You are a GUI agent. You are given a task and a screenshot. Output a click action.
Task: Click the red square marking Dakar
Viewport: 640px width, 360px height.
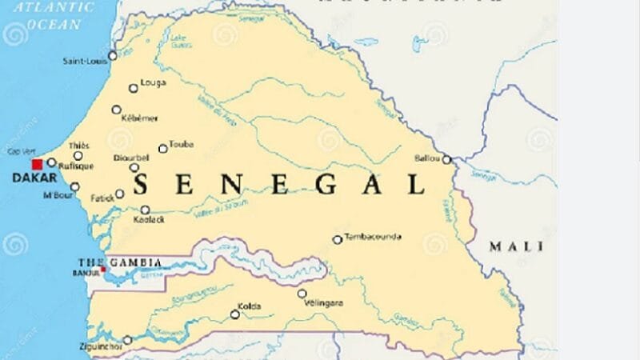pos(38,163)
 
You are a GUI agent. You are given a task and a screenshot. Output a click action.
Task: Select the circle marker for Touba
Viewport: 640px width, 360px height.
pos(162,148)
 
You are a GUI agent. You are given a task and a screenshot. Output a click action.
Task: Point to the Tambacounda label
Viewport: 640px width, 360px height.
pos(372,238)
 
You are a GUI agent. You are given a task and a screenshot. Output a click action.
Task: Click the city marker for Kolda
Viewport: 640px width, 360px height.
pos(235,314)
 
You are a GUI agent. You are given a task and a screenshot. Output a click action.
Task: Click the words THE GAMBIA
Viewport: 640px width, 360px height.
pos(119,262)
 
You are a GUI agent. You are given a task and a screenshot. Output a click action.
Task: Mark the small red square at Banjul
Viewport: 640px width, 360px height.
pos(102,269)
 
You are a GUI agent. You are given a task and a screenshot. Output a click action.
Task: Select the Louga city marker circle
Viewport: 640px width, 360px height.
pos(134,88)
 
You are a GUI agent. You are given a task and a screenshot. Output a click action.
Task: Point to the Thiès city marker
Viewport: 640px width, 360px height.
pos(78,155)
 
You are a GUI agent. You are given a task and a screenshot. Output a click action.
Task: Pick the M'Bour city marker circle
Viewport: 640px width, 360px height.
pos(74,187)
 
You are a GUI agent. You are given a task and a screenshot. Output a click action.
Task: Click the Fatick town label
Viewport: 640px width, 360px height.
pos(102,198)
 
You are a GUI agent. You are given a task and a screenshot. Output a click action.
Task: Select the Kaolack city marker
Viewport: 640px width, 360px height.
pos(145,210)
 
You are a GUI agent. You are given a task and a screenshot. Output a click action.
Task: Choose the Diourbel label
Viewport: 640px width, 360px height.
pos(131,158)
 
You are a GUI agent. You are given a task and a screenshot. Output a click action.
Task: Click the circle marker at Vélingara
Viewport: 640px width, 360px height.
pos(302,294)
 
